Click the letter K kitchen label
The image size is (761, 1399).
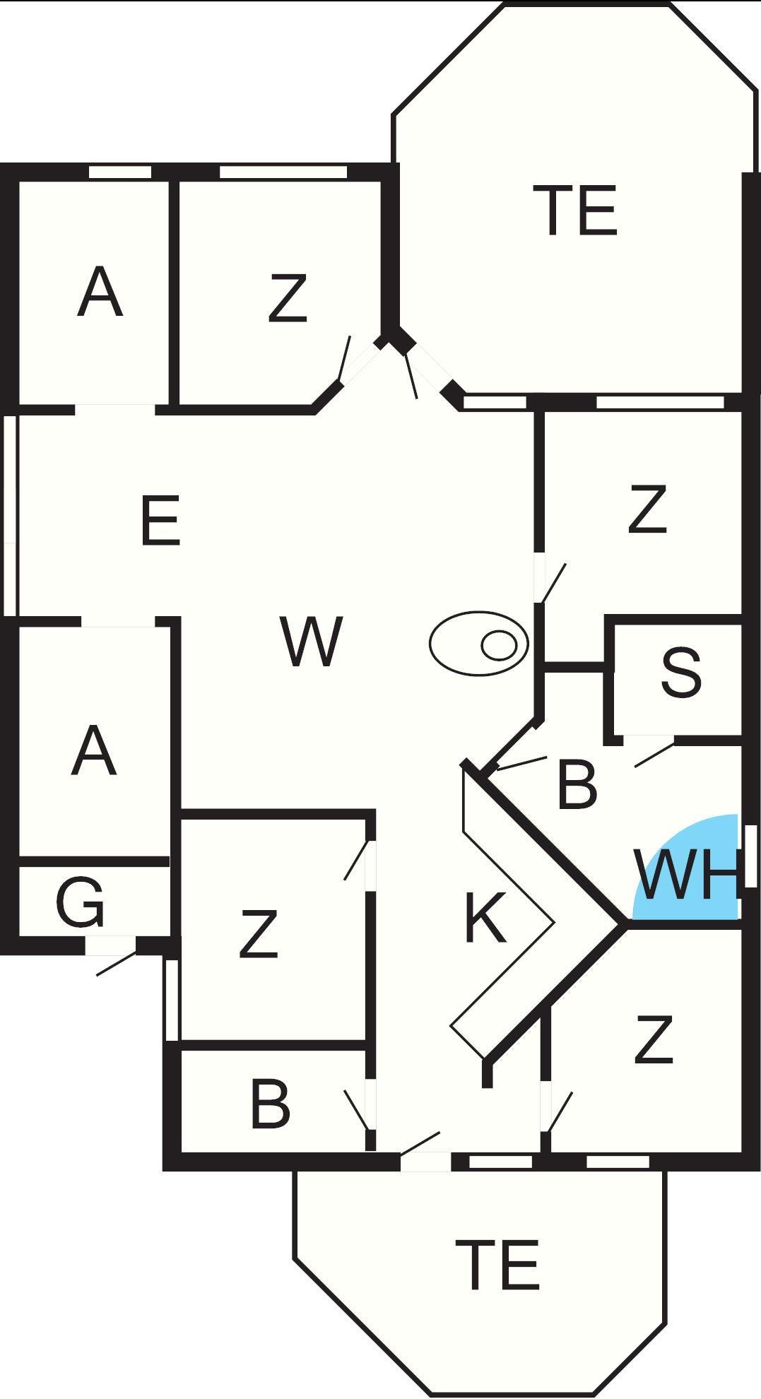pos(485,918)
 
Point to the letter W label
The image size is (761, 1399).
pos(311,642)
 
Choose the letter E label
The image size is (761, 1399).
pos(160,521)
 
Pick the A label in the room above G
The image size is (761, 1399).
pos(93,752)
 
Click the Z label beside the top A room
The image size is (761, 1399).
pos(288,299)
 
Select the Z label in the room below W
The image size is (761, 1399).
pos(259,935)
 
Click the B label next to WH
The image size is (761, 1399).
pos(577,784)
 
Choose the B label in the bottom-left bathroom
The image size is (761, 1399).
pos(270,1104)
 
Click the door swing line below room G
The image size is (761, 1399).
pos(115,965)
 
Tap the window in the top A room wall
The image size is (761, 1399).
pos(120,172)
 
